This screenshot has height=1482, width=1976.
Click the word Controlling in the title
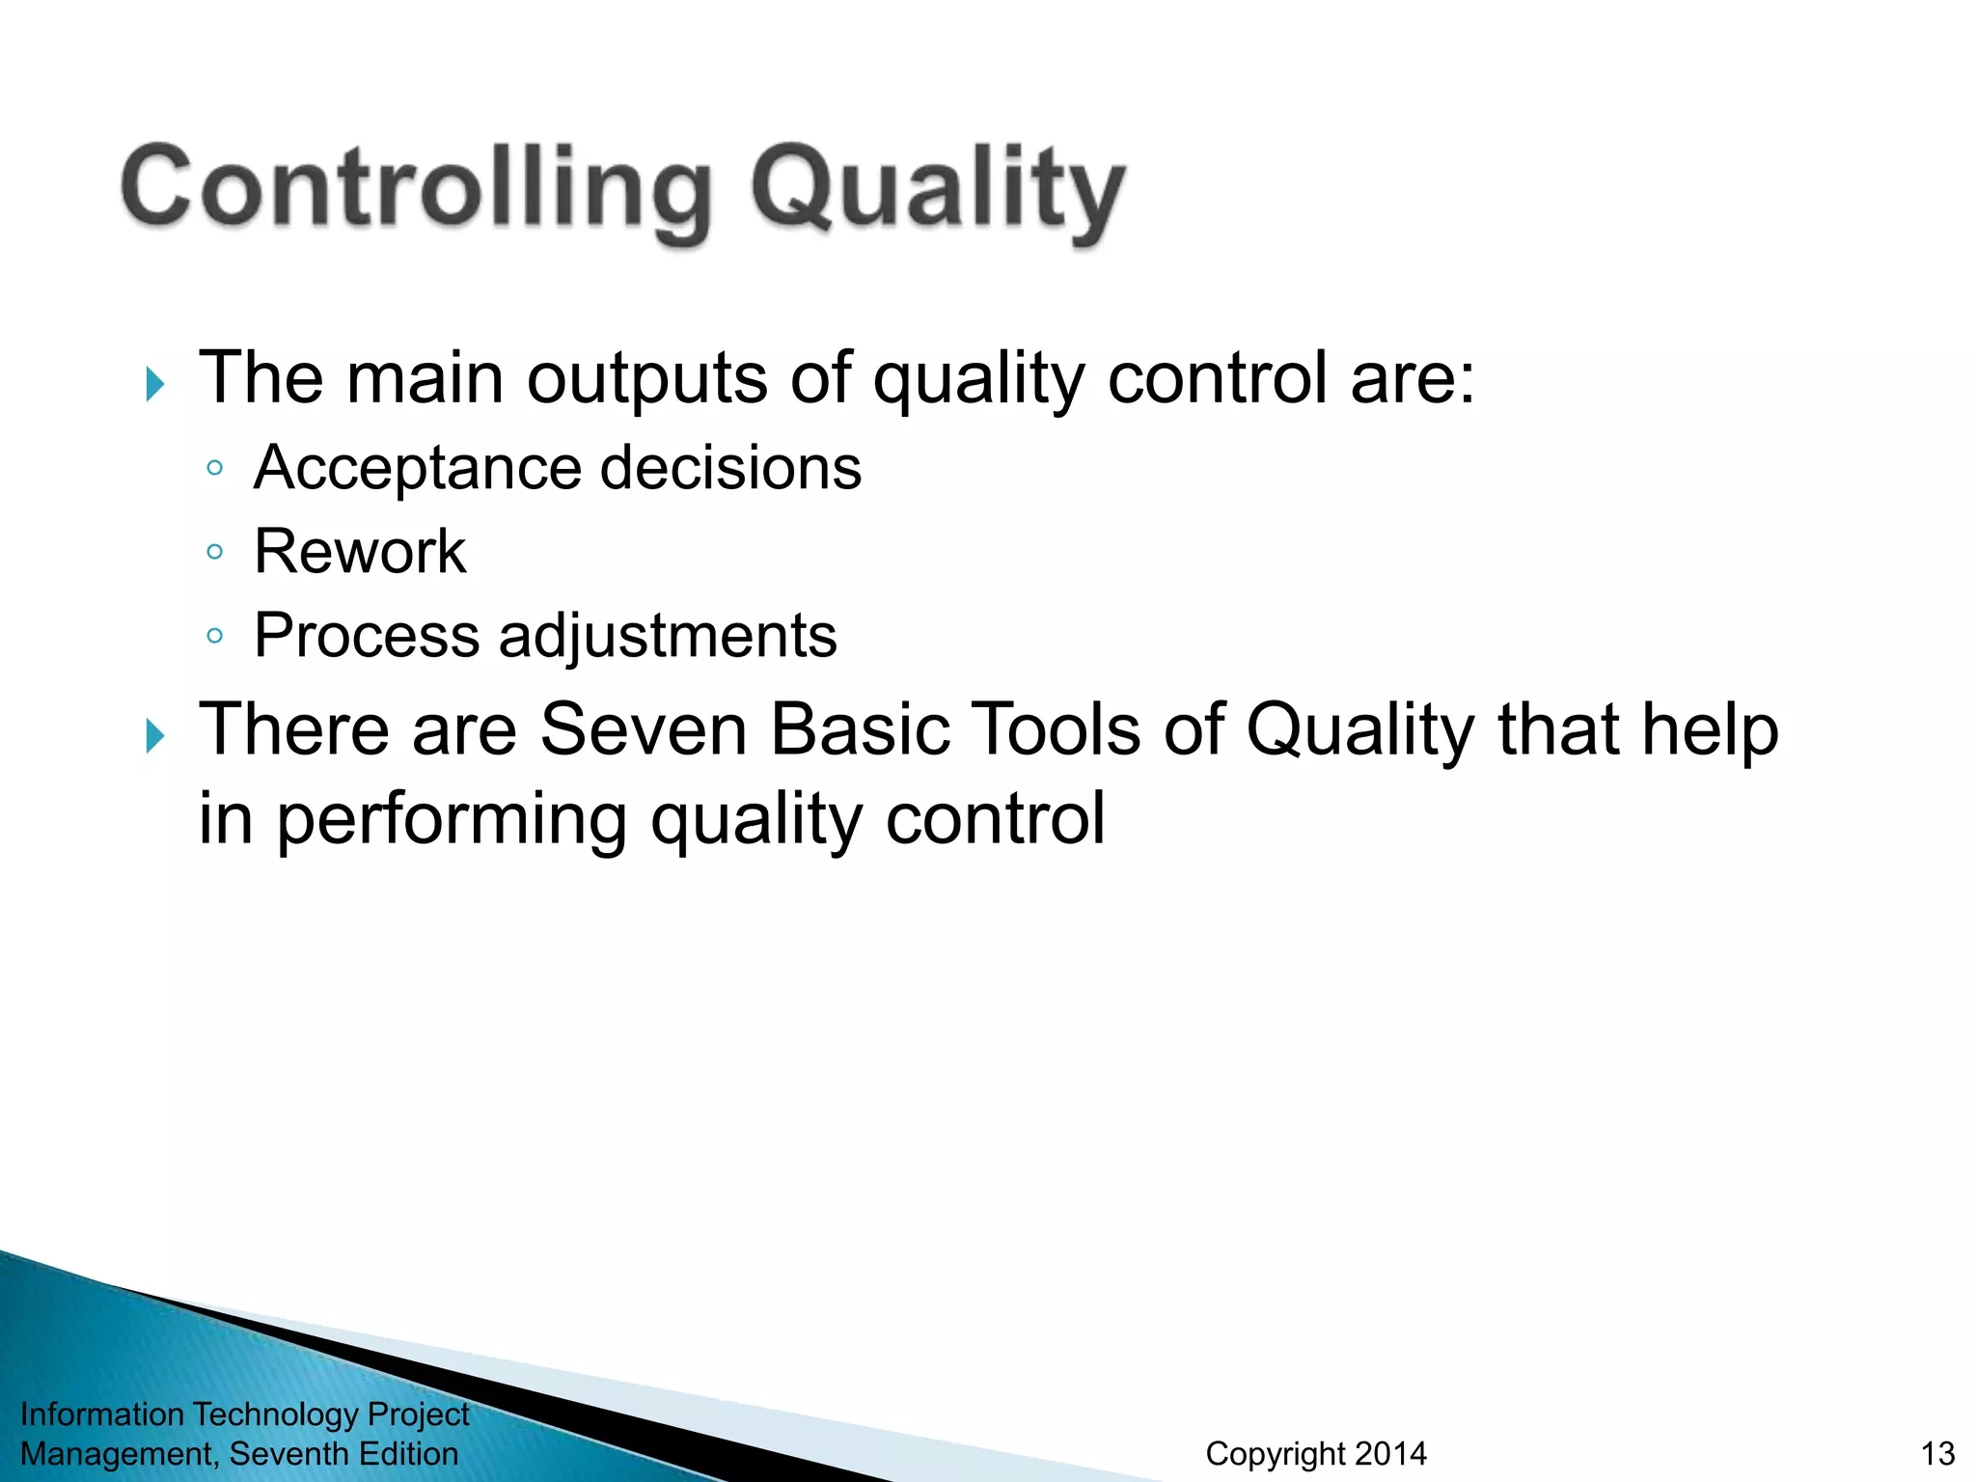tap(415, 188)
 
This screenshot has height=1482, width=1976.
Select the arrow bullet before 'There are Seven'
tap(154, 736)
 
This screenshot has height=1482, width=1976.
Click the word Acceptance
tap(417, 469)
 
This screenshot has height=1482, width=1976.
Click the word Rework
tap(360, 552)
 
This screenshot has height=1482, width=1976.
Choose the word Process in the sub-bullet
tap(367, 636)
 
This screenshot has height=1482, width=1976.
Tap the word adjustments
tap(668, 636)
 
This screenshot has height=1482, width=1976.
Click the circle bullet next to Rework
tap(215, 553)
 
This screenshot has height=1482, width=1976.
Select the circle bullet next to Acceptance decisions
tap(215, 469)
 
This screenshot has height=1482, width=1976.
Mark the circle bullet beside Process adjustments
tap(215, 636)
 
